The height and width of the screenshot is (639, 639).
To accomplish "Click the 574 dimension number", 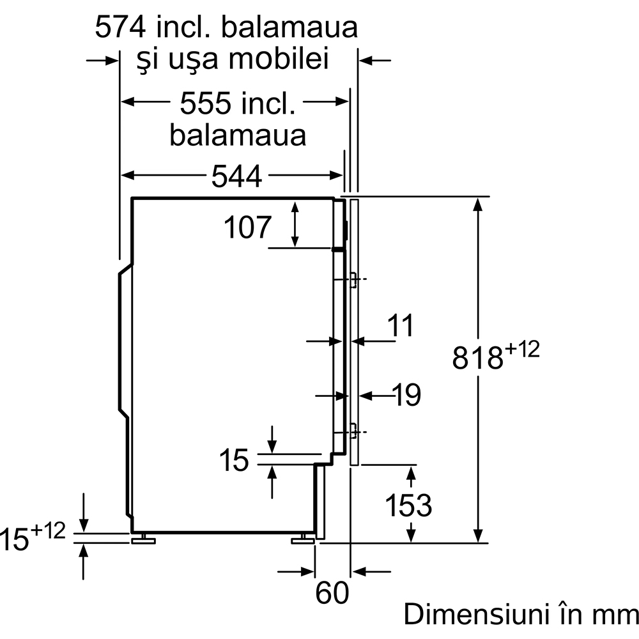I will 119,27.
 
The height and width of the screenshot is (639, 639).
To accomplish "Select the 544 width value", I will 236,176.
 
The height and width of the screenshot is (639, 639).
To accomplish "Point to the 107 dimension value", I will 248,227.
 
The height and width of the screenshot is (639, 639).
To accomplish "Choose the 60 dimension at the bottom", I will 332,593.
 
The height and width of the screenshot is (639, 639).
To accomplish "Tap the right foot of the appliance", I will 303,541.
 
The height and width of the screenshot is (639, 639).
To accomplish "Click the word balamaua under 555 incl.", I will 237,135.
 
